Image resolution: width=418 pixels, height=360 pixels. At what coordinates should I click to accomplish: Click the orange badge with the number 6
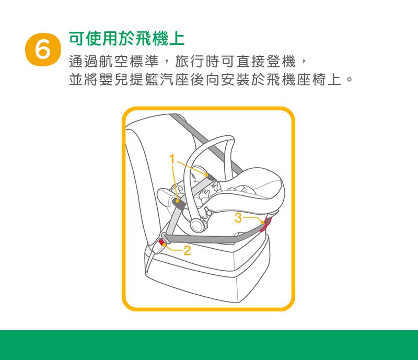pyautogui.click(x=43, y=49)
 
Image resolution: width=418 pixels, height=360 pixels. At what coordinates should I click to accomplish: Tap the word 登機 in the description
pyautogui.click(x=281, y=62)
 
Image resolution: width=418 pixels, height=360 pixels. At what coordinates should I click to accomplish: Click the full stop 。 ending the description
pyautogui.click(x=349, y=79)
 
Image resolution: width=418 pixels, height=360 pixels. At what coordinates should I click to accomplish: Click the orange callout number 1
pyautogui.click(x=172, y=159)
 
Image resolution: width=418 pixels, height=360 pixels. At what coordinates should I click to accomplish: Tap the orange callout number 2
pyautogui.click(x=187, y=250)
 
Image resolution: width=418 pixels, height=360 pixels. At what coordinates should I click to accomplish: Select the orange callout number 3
pyautogui.click(x=238, y=218)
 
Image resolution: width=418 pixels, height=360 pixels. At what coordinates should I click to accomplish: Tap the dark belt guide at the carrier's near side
pyautogui.click(x=179, y=204)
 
